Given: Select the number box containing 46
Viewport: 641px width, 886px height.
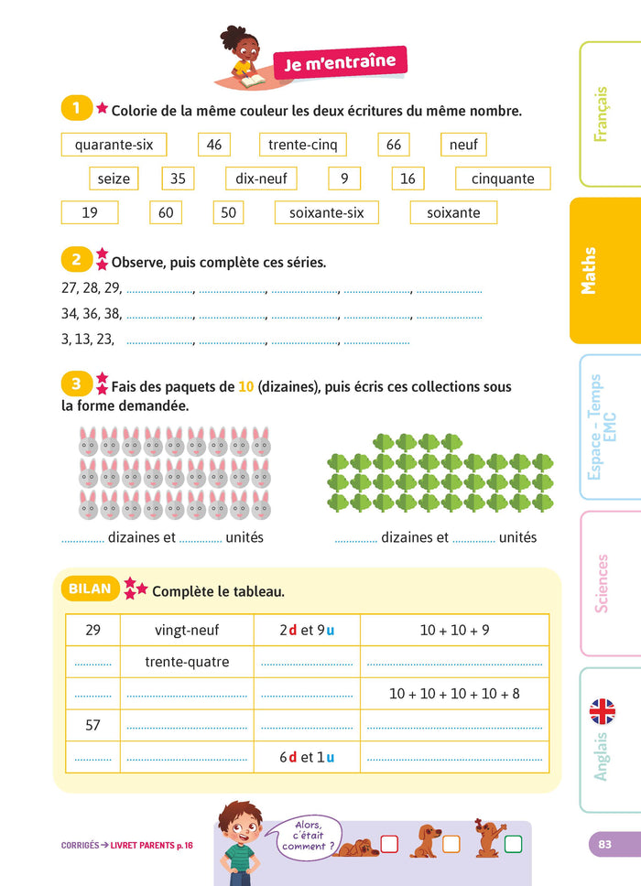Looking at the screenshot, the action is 214,145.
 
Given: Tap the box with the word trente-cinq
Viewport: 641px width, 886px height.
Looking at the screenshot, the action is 303,145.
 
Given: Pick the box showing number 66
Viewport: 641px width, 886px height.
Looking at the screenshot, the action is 394,145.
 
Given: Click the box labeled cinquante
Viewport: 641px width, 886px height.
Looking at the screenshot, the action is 503,178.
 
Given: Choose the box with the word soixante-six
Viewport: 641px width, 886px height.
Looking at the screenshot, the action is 327,212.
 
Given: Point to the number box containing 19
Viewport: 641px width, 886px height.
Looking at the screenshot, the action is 90,212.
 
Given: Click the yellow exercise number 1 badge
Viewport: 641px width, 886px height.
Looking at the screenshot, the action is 76,109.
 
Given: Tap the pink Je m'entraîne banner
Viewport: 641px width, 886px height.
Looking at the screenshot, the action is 340,63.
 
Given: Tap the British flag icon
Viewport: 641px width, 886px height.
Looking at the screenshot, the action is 602,710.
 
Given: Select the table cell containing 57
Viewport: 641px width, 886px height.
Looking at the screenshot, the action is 92,725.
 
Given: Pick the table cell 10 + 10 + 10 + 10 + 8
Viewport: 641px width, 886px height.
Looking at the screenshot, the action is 454,693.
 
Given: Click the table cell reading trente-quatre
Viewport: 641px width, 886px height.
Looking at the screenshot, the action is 188,661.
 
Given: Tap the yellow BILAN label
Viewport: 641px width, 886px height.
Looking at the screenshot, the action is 89,589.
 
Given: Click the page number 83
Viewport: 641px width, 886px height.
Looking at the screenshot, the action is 604,844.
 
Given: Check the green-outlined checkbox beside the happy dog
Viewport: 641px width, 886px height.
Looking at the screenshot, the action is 513,844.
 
